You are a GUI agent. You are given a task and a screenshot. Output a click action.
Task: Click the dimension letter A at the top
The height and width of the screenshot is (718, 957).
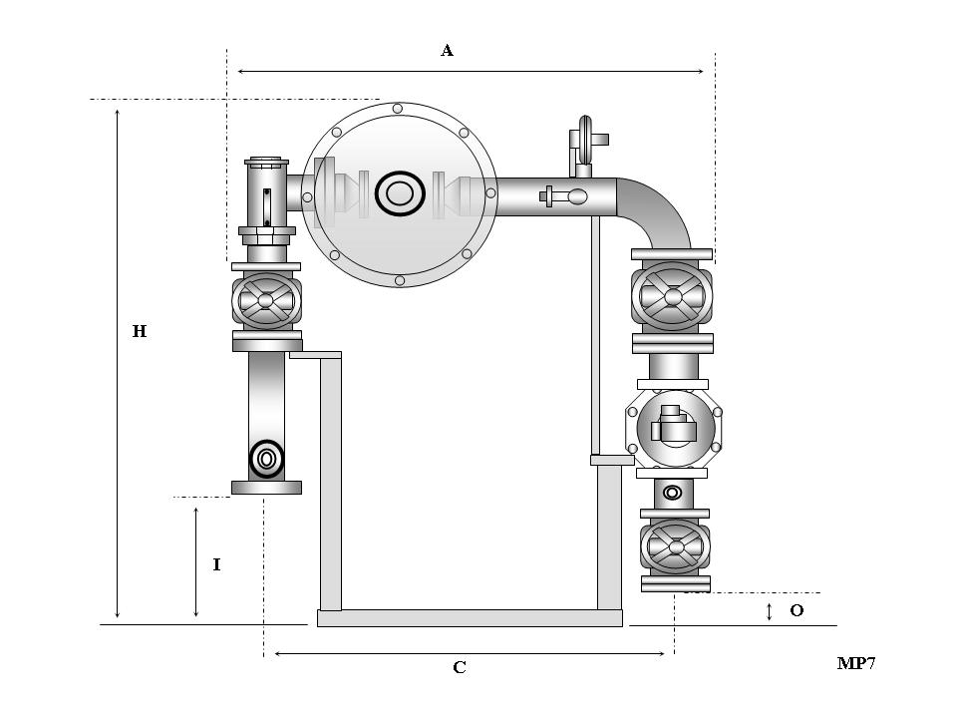click(x=448, y=51)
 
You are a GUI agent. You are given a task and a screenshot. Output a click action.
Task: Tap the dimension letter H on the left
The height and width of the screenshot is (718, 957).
click(x=140, y=331)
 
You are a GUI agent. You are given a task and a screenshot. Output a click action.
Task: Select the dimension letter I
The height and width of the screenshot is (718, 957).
click(x=216, y=564)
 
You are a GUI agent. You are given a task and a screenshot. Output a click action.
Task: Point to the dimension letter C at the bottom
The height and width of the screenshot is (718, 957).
click(x=460, y=668)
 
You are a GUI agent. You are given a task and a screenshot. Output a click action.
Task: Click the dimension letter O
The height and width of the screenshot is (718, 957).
click(x=797, y=610)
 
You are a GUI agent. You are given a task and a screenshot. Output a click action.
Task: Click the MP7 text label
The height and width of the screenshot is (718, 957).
click(x=856, y=664)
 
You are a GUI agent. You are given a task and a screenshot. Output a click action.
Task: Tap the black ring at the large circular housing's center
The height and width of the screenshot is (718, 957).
click(x=400, y=192)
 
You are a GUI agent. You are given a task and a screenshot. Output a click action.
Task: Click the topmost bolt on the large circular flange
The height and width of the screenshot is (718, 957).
click(x=398, y=108)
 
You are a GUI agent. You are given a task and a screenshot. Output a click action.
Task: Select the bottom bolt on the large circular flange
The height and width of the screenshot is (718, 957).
click(x=400, y=280)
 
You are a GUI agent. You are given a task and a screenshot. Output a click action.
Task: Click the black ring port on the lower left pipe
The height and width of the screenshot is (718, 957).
click(x=267, y=459)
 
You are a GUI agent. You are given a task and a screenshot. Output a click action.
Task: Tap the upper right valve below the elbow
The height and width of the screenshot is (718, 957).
click(x=673, y=296)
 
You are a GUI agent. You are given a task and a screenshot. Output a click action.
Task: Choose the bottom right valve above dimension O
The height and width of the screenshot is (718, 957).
click(x=676, y=546)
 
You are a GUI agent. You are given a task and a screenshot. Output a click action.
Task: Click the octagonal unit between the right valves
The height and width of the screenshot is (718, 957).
click(x=673, y=428)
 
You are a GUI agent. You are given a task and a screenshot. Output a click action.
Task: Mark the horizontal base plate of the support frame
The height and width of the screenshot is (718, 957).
click(x=470, y=618)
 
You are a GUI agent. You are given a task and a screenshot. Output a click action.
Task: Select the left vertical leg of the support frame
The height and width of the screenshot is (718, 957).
click(x=331, y=484)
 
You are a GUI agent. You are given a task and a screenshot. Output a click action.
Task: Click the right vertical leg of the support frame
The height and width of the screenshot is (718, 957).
click(x=609, y=538)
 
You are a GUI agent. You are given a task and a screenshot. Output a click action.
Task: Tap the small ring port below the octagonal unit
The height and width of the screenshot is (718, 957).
click(x=673, y=492)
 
